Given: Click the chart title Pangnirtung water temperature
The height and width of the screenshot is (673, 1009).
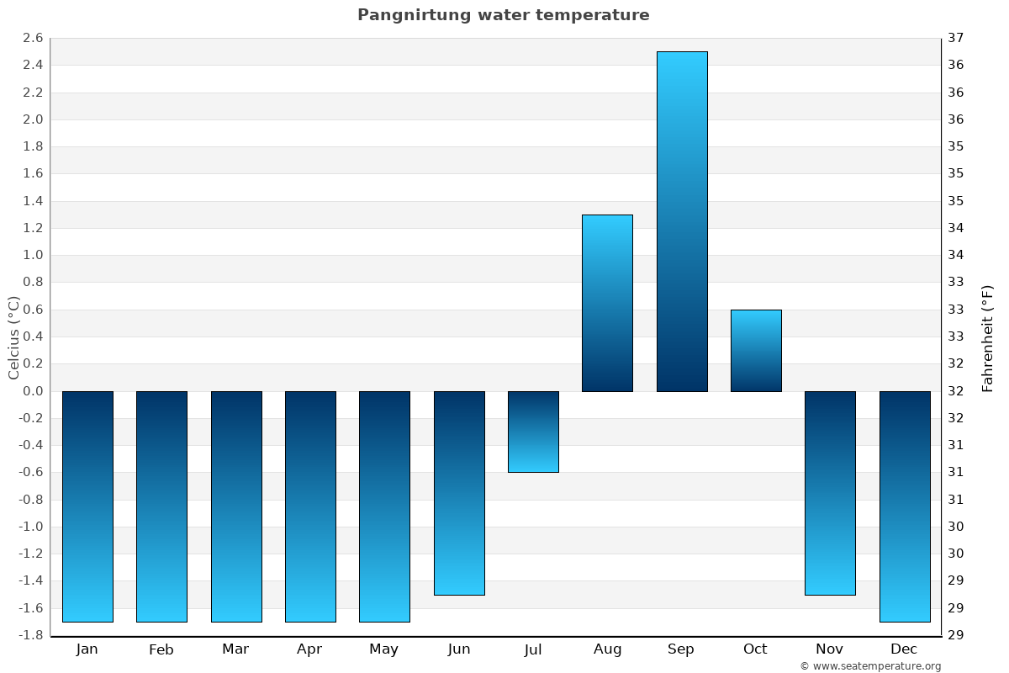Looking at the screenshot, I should point(503,15).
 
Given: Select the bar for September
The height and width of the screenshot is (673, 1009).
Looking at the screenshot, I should point(681,221).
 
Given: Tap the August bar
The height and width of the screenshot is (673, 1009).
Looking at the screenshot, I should point(607,303).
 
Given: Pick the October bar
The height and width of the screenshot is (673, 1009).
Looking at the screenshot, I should point(755,350).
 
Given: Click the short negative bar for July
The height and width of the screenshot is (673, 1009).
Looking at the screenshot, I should point(533,432).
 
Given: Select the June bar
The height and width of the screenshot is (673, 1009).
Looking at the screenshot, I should point(459,493).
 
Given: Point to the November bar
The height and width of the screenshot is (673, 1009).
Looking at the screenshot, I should point(830,493).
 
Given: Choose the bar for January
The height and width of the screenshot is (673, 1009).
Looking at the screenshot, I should point(87,506).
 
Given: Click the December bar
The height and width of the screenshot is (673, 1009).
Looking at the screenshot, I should point(904,506).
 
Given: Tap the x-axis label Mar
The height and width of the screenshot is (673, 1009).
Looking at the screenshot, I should point(235,649).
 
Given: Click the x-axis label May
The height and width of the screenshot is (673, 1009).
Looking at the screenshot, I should point(384,649).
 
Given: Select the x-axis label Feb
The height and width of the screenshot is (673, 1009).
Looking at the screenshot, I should point(161,649).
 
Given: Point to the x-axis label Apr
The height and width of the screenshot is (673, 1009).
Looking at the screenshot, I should point(309,649).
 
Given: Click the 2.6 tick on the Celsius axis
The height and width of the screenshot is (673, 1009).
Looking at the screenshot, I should point(33,38).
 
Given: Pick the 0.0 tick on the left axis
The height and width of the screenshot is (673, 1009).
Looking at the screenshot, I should point(33,391).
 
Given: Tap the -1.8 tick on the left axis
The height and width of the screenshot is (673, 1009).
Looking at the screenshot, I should point(31,635).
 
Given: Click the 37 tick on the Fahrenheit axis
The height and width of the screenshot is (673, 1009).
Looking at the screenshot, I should point(955,38).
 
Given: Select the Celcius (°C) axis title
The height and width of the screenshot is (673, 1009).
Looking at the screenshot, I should point(13,336).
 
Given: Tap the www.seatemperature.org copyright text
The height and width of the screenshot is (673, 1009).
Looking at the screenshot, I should point(870,666).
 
